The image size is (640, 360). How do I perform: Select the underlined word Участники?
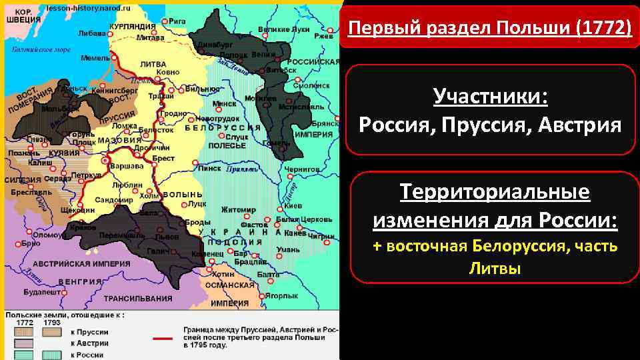point(489,97)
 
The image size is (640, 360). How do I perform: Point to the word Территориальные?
point(494,193)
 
